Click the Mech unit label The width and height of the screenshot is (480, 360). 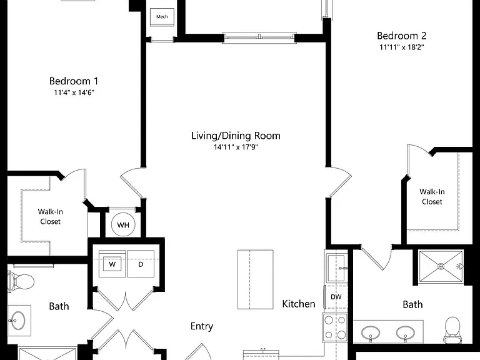(162, 17)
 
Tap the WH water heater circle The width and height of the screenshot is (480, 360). (123, 225)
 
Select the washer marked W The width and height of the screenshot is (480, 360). (112, 264)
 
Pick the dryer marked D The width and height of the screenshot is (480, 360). (141, 264)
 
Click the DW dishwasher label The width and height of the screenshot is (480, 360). (336, 297)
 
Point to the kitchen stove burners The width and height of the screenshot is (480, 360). (335, 327)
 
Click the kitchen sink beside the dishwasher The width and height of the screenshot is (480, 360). (336, 268)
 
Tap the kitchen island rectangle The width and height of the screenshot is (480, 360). (255, 279)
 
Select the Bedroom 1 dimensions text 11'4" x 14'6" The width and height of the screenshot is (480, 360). (74, 92)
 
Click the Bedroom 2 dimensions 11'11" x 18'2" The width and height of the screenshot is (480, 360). (402, 47)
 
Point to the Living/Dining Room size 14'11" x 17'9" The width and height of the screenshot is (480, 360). (236, 147)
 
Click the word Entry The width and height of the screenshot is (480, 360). (202, 326)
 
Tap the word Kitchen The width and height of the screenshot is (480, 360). (299, 304)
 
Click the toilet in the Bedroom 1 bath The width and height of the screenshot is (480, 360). (21, 281)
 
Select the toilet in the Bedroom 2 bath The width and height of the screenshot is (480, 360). (452, 330)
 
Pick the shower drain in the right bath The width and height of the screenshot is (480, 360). (441, 266)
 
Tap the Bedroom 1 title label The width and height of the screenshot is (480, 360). (74, 81)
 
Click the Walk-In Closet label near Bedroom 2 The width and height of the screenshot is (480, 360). (432, 196)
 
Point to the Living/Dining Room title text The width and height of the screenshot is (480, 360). (236, 136)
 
